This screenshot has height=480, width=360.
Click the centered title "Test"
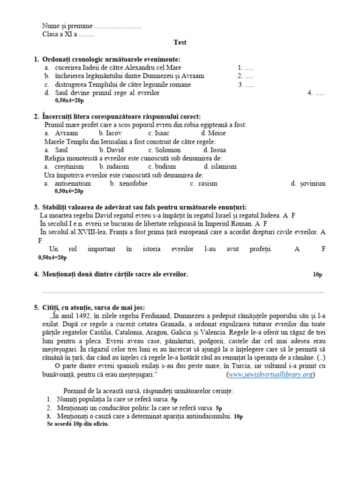click(x=180, y=42)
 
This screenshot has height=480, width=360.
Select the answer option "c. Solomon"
click(x=164, y=150)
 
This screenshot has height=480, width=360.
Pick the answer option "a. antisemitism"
click(x=68, y=183)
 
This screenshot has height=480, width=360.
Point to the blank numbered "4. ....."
click(x=316, y=93)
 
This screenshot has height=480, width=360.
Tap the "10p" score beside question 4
click(x=317, y=275)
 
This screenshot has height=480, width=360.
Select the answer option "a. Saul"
click(x=57, y=150)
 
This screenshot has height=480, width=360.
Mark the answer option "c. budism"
click(x=162, y=166)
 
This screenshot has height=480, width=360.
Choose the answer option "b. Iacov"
click(x=110, y=133)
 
